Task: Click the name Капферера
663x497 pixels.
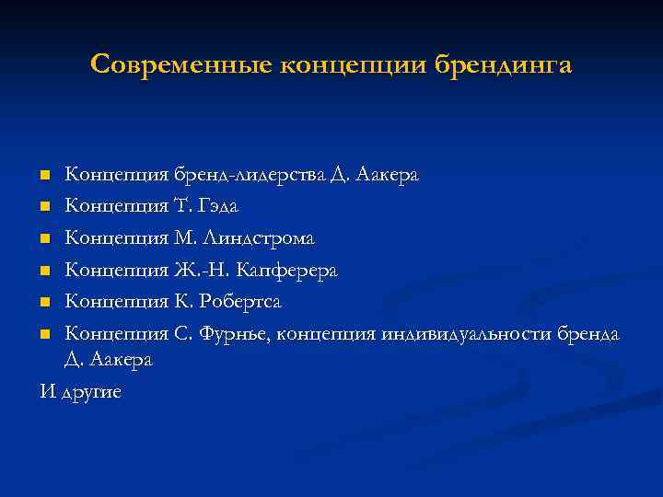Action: [x=286, y=271]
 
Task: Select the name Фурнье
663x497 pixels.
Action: [x=236, y=333]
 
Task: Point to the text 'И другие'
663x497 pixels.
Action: [x=80, y=391]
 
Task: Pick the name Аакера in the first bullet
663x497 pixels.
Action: [x=390, y=174]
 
